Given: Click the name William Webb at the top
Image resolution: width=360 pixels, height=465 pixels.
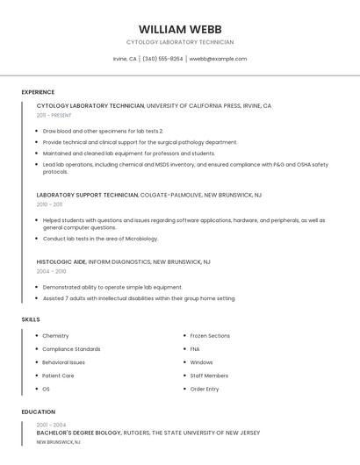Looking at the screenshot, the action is click(x=180, y=29).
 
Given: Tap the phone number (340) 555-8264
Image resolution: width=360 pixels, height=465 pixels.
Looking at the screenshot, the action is click(x=162, y=59).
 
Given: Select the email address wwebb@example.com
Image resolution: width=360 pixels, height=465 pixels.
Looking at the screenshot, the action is click(x=218, y=59).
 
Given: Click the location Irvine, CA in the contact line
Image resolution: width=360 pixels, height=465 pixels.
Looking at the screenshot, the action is click(x=125, y=59).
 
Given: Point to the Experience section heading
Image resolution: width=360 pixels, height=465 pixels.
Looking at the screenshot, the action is click(x=38, y=92).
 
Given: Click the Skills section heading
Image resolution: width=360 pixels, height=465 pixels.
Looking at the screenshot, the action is click(x=31, y=319).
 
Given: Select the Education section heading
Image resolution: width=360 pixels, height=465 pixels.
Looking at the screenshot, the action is click(x=38, y=411).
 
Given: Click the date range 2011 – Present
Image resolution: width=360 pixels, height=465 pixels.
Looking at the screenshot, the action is click(x=54, y=115).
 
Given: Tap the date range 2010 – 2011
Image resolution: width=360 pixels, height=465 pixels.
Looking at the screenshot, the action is click(x=49, y=204).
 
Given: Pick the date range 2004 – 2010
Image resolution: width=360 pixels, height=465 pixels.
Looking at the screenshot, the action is click(x=51, y=271).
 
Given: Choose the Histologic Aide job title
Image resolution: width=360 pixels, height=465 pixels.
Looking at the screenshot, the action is click(x=61, y=261).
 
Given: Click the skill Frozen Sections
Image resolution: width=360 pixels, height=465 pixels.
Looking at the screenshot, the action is click(x=210, y=336).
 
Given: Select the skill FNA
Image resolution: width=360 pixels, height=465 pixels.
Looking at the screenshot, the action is click(x=196, y=349).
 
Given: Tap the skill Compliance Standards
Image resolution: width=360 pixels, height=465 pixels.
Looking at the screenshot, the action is click(x=71, y=349).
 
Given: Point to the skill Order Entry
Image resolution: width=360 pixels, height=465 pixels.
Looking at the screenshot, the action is click(x=205, y=389).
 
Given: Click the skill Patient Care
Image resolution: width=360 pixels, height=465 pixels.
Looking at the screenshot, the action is click(x=58, y=376).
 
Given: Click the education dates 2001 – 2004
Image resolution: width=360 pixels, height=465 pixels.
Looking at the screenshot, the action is click(x=51, y=425).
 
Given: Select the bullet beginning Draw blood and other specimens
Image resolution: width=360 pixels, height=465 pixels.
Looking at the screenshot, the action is click(x=103, y=131).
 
